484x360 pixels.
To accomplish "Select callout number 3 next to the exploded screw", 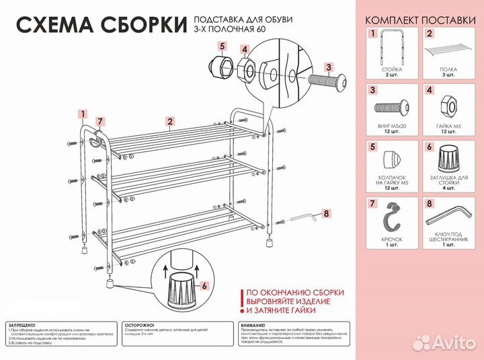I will coord(329,67).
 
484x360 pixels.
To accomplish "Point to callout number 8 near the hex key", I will coord(327,213).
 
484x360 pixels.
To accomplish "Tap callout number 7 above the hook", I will coord(99,122).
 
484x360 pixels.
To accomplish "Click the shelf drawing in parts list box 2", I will coord(450,48).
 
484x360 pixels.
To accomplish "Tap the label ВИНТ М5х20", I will coord(391,125).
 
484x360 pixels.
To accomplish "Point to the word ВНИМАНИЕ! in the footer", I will coord(253,324).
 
